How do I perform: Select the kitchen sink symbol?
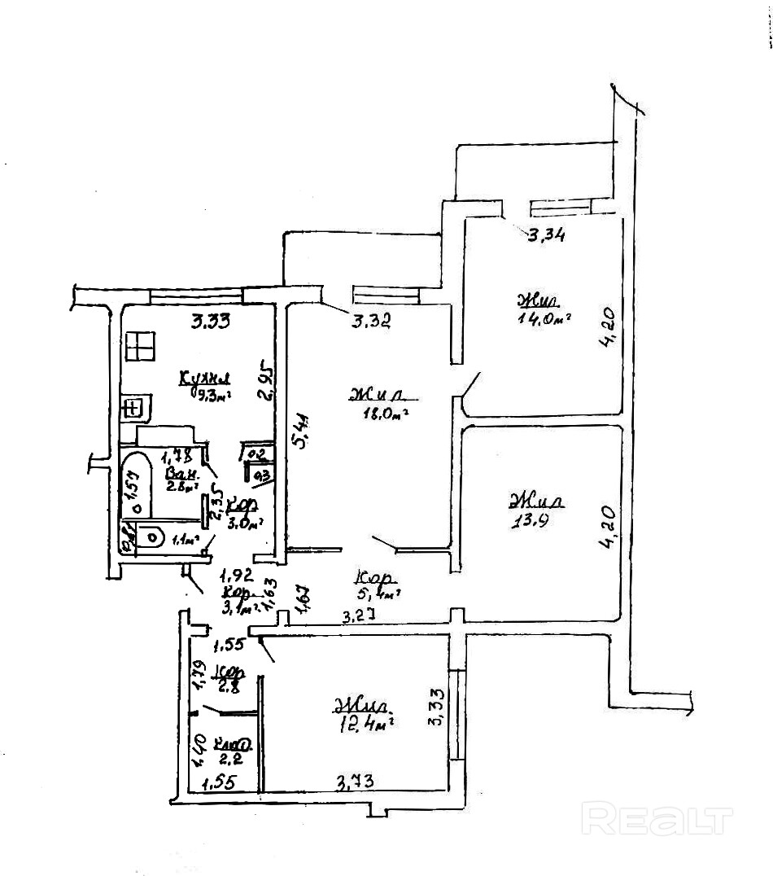coord(134,405)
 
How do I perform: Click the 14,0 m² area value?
coord(541,318)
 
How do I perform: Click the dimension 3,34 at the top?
coord(547,237)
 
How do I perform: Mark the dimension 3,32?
coord(371,322)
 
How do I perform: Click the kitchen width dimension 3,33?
coord(210,322)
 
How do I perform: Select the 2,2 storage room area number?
coord(228,760)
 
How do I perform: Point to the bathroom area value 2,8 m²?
coord(181,486)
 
